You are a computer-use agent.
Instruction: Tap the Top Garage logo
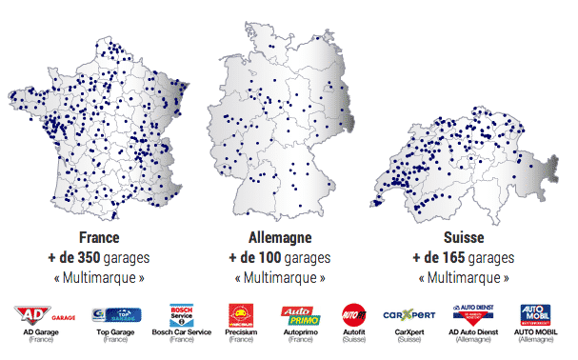coord(115,315)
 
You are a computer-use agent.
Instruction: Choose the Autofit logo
coord(353,315)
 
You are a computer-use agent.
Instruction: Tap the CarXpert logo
coord(409,315)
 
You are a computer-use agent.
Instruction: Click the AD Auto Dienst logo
coord(472,315)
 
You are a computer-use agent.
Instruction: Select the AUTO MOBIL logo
coord(535,315)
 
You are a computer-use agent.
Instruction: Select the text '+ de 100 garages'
coord(276,258)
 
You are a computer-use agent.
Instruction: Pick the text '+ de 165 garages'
coord(463,258)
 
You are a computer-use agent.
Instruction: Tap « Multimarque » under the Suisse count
coord(463,277)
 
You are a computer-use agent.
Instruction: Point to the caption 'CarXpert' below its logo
coord(409,333)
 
